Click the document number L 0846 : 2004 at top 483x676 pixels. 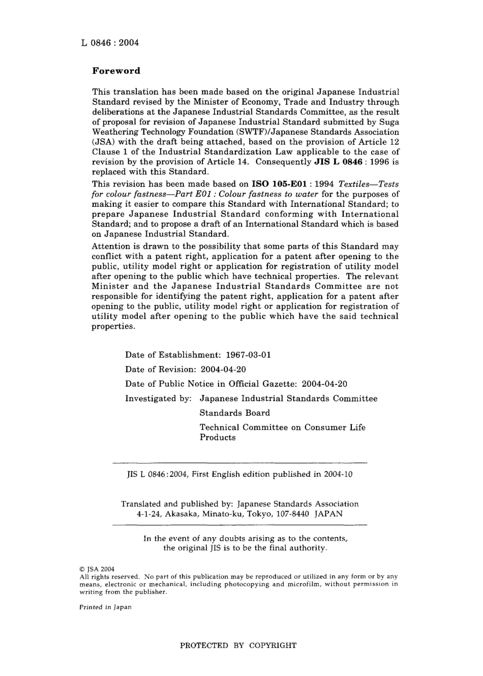[109, 43]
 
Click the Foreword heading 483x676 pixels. [116, 71]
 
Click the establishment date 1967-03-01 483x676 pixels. [248, 355]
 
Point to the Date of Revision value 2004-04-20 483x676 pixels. [223, 370]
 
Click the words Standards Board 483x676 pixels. [234, 413]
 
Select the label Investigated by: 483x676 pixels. [158, 398]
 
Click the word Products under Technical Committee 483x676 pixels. [217, 437]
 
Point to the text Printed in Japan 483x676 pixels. [105, 607]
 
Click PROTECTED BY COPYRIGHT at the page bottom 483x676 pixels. [238, 646]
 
